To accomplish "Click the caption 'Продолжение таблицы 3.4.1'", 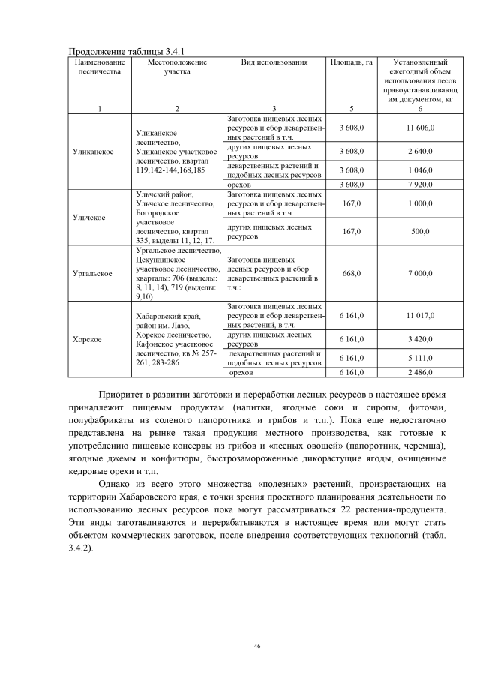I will click(x=121, y=50).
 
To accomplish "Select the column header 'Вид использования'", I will click(x=274, y=62).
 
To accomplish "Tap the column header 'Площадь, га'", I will click(x=352, y=62).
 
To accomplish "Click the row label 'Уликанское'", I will click(x=93, y=151).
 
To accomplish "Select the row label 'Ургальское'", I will click(x=92, y=273).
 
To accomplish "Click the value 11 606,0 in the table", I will click(x=417, y=129).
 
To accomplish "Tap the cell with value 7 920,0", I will click(x=417, y=184).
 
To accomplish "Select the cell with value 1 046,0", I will click(x=417, y=170).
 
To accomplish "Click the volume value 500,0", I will click(x=417, y=231).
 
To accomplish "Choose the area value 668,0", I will click(x=352, y=273).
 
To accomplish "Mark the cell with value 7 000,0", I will click(x=417, y=273).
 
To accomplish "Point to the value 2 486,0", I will click(x=417, y=371).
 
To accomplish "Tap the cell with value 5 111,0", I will click(x=417, y=359).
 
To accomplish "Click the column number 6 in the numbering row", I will click(x=417, y=108).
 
